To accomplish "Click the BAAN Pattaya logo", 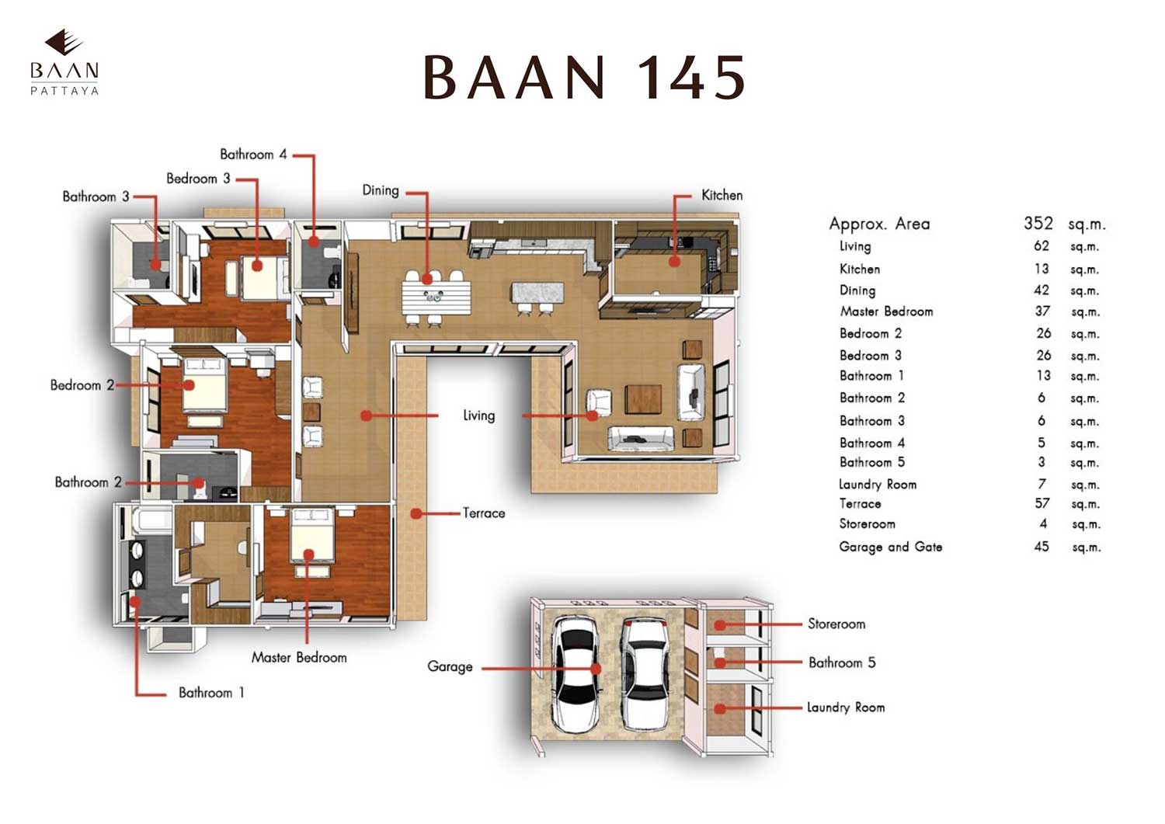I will [64, 63].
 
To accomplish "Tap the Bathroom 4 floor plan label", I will [252, 155].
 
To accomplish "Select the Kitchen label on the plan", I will [722, 195].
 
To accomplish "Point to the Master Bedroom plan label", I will [299, 657].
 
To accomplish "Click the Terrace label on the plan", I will [483, 513].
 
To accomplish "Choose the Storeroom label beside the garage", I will [836, 624].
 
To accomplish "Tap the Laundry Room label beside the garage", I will [845, 707].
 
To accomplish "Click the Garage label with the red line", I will [450, 666].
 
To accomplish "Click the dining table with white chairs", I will [436, 296].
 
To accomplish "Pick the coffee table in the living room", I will [643, 399].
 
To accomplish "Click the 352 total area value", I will [1038, 224].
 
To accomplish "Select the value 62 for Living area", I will [1042, 246].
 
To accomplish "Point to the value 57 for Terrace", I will [1042, 503].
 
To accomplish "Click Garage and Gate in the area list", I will [890, 547].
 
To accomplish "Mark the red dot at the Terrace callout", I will [416, 513].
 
